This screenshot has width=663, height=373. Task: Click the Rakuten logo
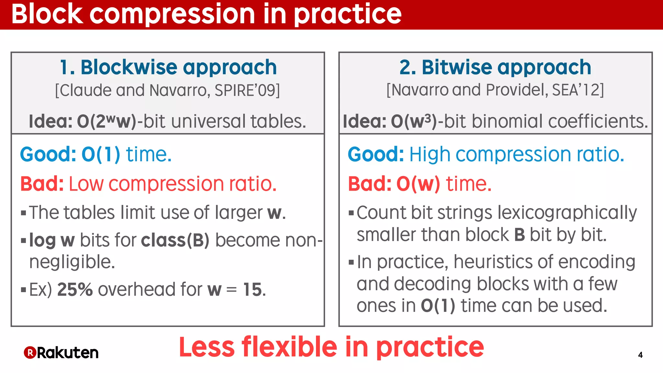coord(61,353)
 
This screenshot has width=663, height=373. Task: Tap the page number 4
coord(640,355)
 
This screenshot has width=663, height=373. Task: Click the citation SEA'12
coord(575,90)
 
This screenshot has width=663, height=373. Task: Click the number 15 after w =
coord(252,289)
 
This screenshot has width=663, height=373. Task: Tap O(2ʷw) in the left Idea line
coord(107,121)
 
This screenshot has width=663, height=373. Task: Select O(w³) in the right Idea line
coord(414,121)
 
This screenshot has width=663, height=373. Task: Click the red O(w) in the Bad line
coord(418,184)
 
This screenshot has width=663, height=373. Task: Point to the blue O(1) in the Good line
coord(101,154)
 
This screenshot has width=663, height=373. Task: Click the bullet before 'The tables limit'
coord(23,213)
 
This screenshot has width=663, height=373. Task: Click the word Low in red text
coord(86,184)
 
